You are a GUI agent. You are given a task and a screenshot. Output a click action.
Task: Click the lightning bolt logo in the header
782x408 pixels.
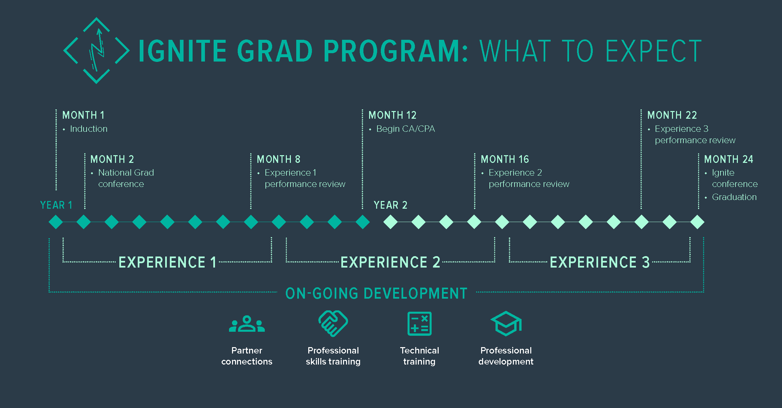pyautogui.click(x=97, y=50)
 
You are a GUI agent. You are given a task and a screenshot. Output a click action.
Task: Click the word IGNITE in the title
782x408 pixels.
pyautogui.click(x=183, y=51)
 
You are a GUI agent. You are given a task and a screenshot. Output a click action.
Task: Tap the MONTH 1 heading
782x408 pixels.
pyautogui.click(x=84, y=115)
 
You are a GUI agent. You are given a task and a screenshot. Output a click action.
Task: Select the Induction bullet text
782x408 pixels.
pyautogui.click(x=89, y=129)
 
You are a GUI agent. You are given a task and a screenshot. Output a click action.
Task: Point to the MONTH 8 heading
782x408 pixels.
pyautogui.click(x=278, y=159)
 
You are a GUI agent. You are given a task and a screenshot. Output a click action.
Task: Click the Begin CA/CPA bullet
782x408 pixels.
pyautogui.click(x=406, y=129)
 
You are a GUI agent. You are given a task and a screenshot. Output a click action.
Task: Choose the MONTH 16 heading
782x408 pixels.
pyautogui.click(x=505, y=159)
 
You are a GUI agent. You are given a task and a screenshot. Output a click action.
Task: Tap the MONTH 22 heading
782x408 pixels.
pyautogui.click(x=672, y=115)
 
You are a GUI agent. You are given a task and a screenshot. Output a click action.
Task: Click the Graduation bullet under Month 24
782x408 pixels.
pyautogui.click(x=734, y=197)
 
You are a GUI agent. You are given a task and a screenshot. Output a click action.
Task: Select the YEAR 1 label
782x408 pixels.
pyautogui.click(x=56, y=205)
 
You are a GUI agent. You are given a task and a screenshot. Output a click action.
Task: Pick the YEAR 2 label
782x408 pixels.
pyautogui.click(x=390, y=205)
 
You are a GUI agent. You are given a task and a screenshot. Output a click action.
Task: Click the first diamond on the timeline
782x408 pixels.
pyautogui.click(x=56, y=222)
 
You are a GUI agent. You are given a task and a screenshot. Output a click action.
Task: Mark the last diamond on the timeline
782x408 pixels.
pyautogui.click(x=697, y=222)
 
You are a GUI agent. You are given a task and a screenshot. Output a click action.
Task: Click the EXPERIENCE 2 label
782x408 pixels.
pyautogui.click(x=390, y=262)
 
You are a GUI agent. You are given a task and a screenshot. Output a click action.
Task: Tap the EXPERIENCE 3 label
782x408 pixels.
pyautogui.click(x=600, y=262)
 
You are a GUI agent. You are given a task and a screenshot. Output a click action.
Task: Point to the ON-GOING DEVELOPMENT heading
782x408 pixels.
pyautogui.click(x=376, y=293)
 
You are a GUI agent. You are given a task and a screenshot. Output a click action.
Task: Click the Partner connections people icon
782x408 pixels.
pyautogui.click(x=247, y=324)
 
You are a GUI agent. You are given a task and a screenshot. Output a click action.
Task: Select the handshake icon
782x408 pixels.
pyautogui.click(x=333, y=323)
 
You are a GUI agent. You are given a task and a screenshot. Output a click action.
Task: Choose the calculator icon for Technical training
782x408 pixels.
pyautogui.click(x=420, y=324)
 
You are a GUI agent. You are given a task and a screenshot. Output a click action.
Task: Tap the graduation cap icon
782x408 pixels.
pyautogui.click(x=506, y=323)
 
